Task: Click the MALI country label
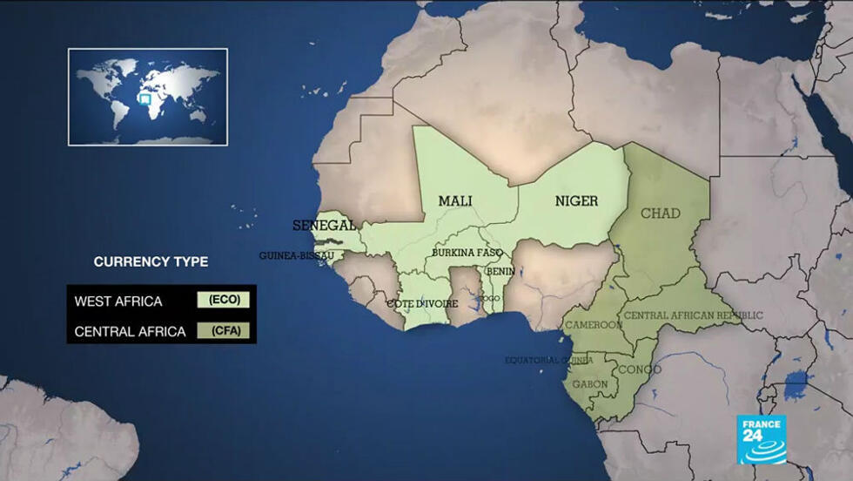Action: [455, 201]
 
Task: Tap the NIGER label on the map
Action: [576, 201]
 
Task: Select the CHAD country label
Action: [661, 213]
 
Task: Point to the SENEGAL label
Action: [324, 225]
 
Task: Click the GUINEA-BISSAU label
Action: [296, 255]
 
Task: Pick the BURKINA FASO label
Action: [467, 253]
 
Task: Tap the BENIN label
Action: [500, 271]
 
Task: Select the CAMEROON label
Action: [594, 324]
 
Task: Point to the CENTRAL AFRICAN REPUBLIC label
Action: [693, 315]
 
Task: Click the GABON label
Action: [590, 383]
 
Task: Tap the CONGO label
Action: [639, 369]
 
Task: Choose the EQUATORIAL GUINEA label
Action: [549, 360]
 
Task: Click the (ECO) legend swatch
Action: [224, 300]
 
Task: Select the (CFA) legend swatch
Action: [224, 330]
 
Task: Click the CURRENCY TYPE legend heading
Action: [151, 261]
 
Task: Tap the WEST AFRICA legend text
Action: [118, 301]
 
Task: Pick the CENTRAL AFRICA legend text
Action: [131, 331]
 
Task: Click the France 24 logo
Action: [762, 439]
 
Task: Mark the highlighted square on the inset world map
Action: [145, 99]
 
